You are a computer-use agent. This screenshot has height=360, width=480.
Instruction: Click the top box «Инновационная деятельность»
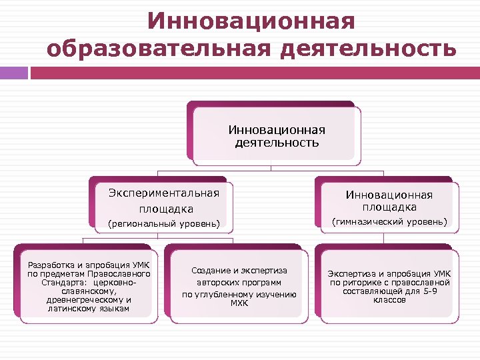pyautogui.click(x=277, y=136)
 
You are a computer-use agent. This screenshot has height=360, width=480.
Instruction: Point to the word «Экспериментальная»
pyautogui.click(x=164, y=193)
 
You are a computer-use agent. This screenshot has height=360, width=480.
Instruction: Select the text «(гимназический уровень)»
pyautogui.click(x=389, y=221)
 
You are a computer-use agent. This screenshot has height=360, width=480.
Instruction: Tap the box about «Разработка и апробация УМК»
pyautogui.click(x=89, y=286)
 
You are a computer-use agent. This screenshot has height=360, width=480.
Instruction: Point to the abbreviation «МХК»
pyautogui.click(x=239, y=303)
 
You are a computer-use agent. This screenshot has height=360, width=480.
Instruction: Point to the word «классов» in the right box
pyautogui.click(x=389, y=300)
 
